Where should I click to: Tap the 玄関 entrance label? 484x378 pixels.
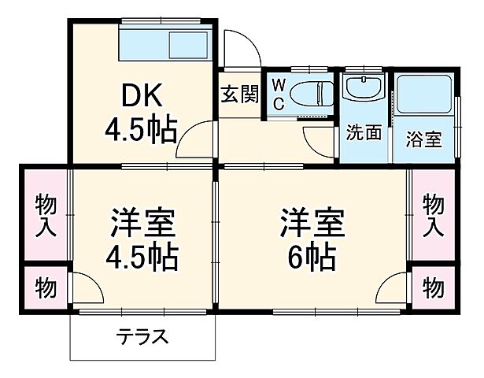pos(239,94)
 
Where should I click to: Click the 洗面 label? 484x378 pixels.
pos(364,134)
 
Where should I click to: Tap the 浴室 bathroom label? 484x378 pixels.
pos(423,139)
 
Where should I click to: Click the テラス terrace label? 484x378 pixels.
pos(142,337)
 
